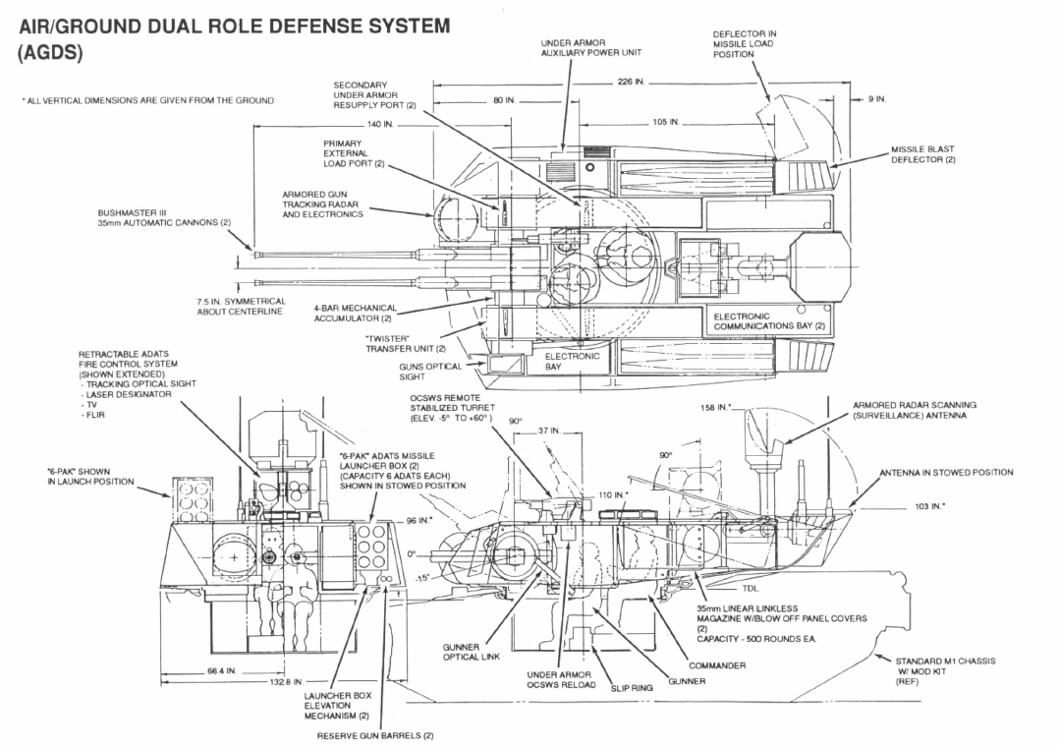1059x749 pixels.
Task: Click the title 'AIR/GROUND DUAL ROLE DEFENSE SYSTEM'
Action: point(235,27)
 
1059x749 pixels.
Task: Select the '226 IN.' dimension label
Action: point(631,83)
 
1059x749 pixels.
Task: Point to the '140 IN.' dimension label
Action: point(379,125)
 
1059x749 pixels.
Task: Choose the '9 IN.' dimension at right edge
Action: point(877,100)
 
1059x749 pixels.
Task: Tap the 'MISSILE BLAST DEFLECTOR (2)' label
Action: point(922,154)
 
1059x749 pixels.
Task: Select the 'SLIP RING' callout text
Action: point(631,688)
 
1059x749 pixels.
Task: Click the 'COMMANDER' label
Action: point(716,665)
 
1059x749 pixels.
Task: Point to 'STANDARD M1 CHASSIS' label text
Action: point(944,661)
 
